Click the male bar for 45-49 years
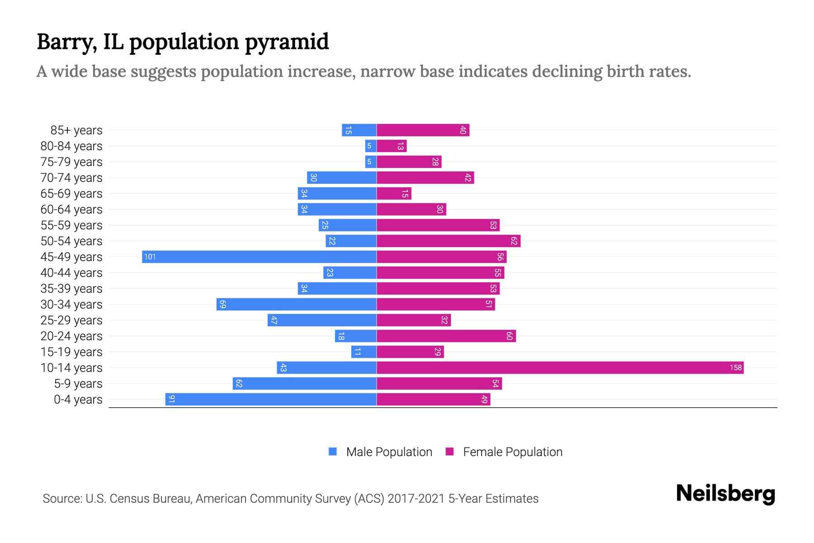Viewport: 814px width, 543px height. click(259, 257)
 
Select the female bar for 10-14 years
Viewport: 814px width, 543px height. click(560, 368)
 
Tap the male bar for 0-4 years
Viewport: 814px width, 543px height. click(271, 400)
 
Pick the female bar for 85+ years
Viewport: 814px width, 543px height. click(423, 130)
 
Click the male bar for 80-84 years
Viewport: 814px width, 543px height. click(371, 146)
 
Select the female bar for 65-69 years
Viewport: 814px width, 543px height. click(394, 194)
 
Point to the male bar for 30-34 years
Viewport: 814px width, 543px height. click(296, 305)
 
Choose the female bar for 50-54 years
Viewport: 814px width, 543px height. click(448, 241)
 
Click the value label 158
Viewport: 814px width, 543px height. click(735, 368)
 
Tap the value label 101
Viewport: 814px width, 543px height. click(150, 257)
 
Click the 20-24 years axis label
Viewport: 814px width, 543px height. click(71, 336)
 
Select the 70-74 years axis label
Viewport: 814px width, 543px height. click(71, 178)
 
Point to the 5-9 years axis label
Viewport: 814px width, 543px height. click(78, 384)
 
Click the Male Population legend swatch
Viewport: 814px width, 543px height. click(333, 452)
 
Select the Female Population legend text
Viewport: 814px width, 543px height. click(512, 452)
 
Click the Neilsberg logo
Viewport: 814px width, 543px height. click(725, 494)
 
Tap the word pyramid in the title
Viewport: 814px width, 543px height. click(287, 42)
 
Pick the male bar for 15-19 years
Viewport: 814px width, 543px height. click(364, 352)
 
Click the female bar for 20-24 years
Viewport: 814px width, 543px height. click(446, 336)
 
